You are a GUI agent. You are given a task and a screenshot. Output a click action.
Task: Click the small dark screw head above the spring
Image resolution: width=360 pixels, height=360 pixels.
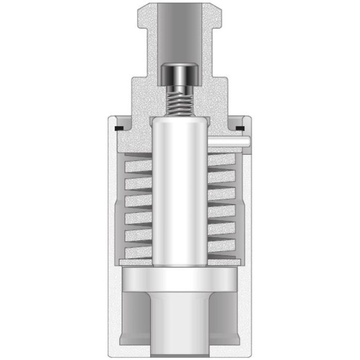tap(180, 75)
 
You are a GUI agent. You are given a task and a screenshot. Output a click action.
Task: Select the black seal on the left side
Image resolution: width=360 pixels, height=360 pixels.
tap(118, 127)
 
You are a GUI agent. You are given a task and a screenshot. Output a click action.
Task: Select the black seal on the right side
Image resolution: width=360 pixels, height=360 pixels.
tap(241, 127)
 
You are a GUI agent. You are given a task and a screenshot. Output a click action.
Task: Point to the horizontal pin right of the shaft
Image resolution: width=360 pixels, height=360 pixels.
tap(229, 139)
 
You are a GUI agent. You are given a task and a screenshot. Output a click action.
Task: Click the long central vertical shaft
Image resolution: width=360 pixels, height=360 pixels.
tap(180, 195)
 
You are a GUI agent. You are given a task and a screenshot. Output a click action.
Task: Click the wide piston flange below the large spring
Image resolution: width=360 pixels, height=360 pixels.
tap(180, 279)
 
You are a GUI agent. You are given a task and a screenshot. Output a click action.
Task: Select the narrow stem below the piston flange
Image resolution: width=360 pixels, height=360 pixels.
tap(180, 319)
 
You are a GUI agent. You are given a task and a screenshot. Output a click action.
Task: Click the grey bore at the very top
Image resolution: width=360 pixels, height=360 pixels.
tap(180, 31)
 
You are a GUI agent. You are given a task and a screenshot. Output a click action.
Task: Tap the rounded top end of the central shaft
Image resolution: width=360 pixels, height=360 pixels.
tap(180, 121)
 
